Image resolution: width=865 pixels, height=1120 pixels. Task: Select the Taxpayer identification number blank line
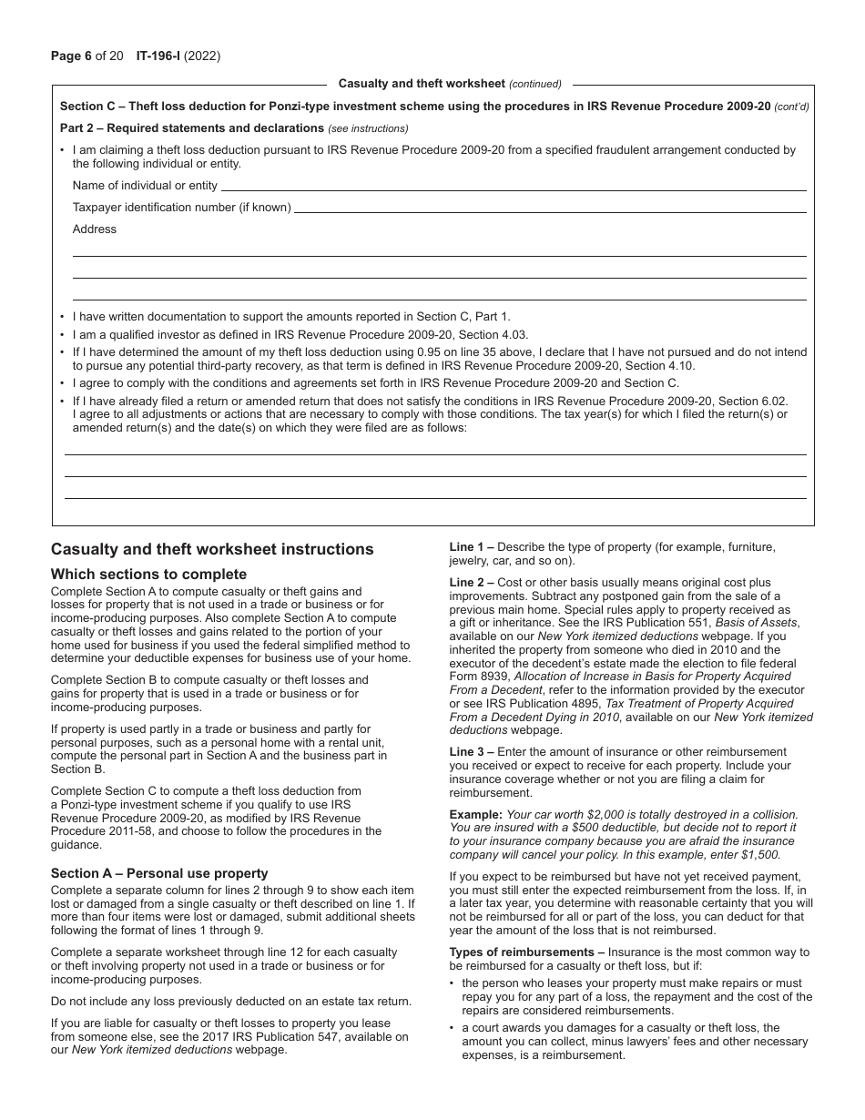click(x=550, y=209)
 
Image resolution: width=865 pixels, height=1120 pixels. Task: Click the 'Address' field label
click(x=95, y=229)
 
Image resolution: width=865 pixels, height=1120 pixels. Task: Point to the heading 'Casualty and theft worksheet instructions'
click(x=212, y=550)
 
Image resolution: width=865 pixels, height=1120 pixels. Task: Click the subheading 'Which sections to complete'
click(x=148, y=575)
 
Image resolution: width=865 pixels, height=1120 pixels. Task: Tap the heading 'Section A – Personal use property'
click(x=159, y=874)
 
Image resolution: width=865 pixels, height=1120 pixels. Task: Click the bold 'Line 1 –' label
click(x=472, y=547)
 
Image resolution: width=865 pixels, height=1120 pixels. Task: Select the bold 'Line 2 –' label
click(x=472, y=583)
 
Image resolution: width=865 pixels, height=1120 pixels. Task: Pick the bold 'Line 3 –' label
click(x=472, y=752)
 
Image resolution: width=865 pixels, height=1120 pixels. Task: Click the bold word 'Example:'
click(x=475, y=815)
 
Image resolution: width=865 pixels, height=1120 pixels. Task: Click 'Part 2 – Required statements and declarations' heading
click(x=192, y=128)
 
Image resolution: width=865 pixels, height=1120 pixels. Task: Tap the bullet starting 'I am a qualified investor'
click(x=300, y=335)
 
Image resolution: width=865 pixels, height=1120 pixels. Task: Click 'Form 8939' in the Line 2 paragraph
click(x=481, y=677)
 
